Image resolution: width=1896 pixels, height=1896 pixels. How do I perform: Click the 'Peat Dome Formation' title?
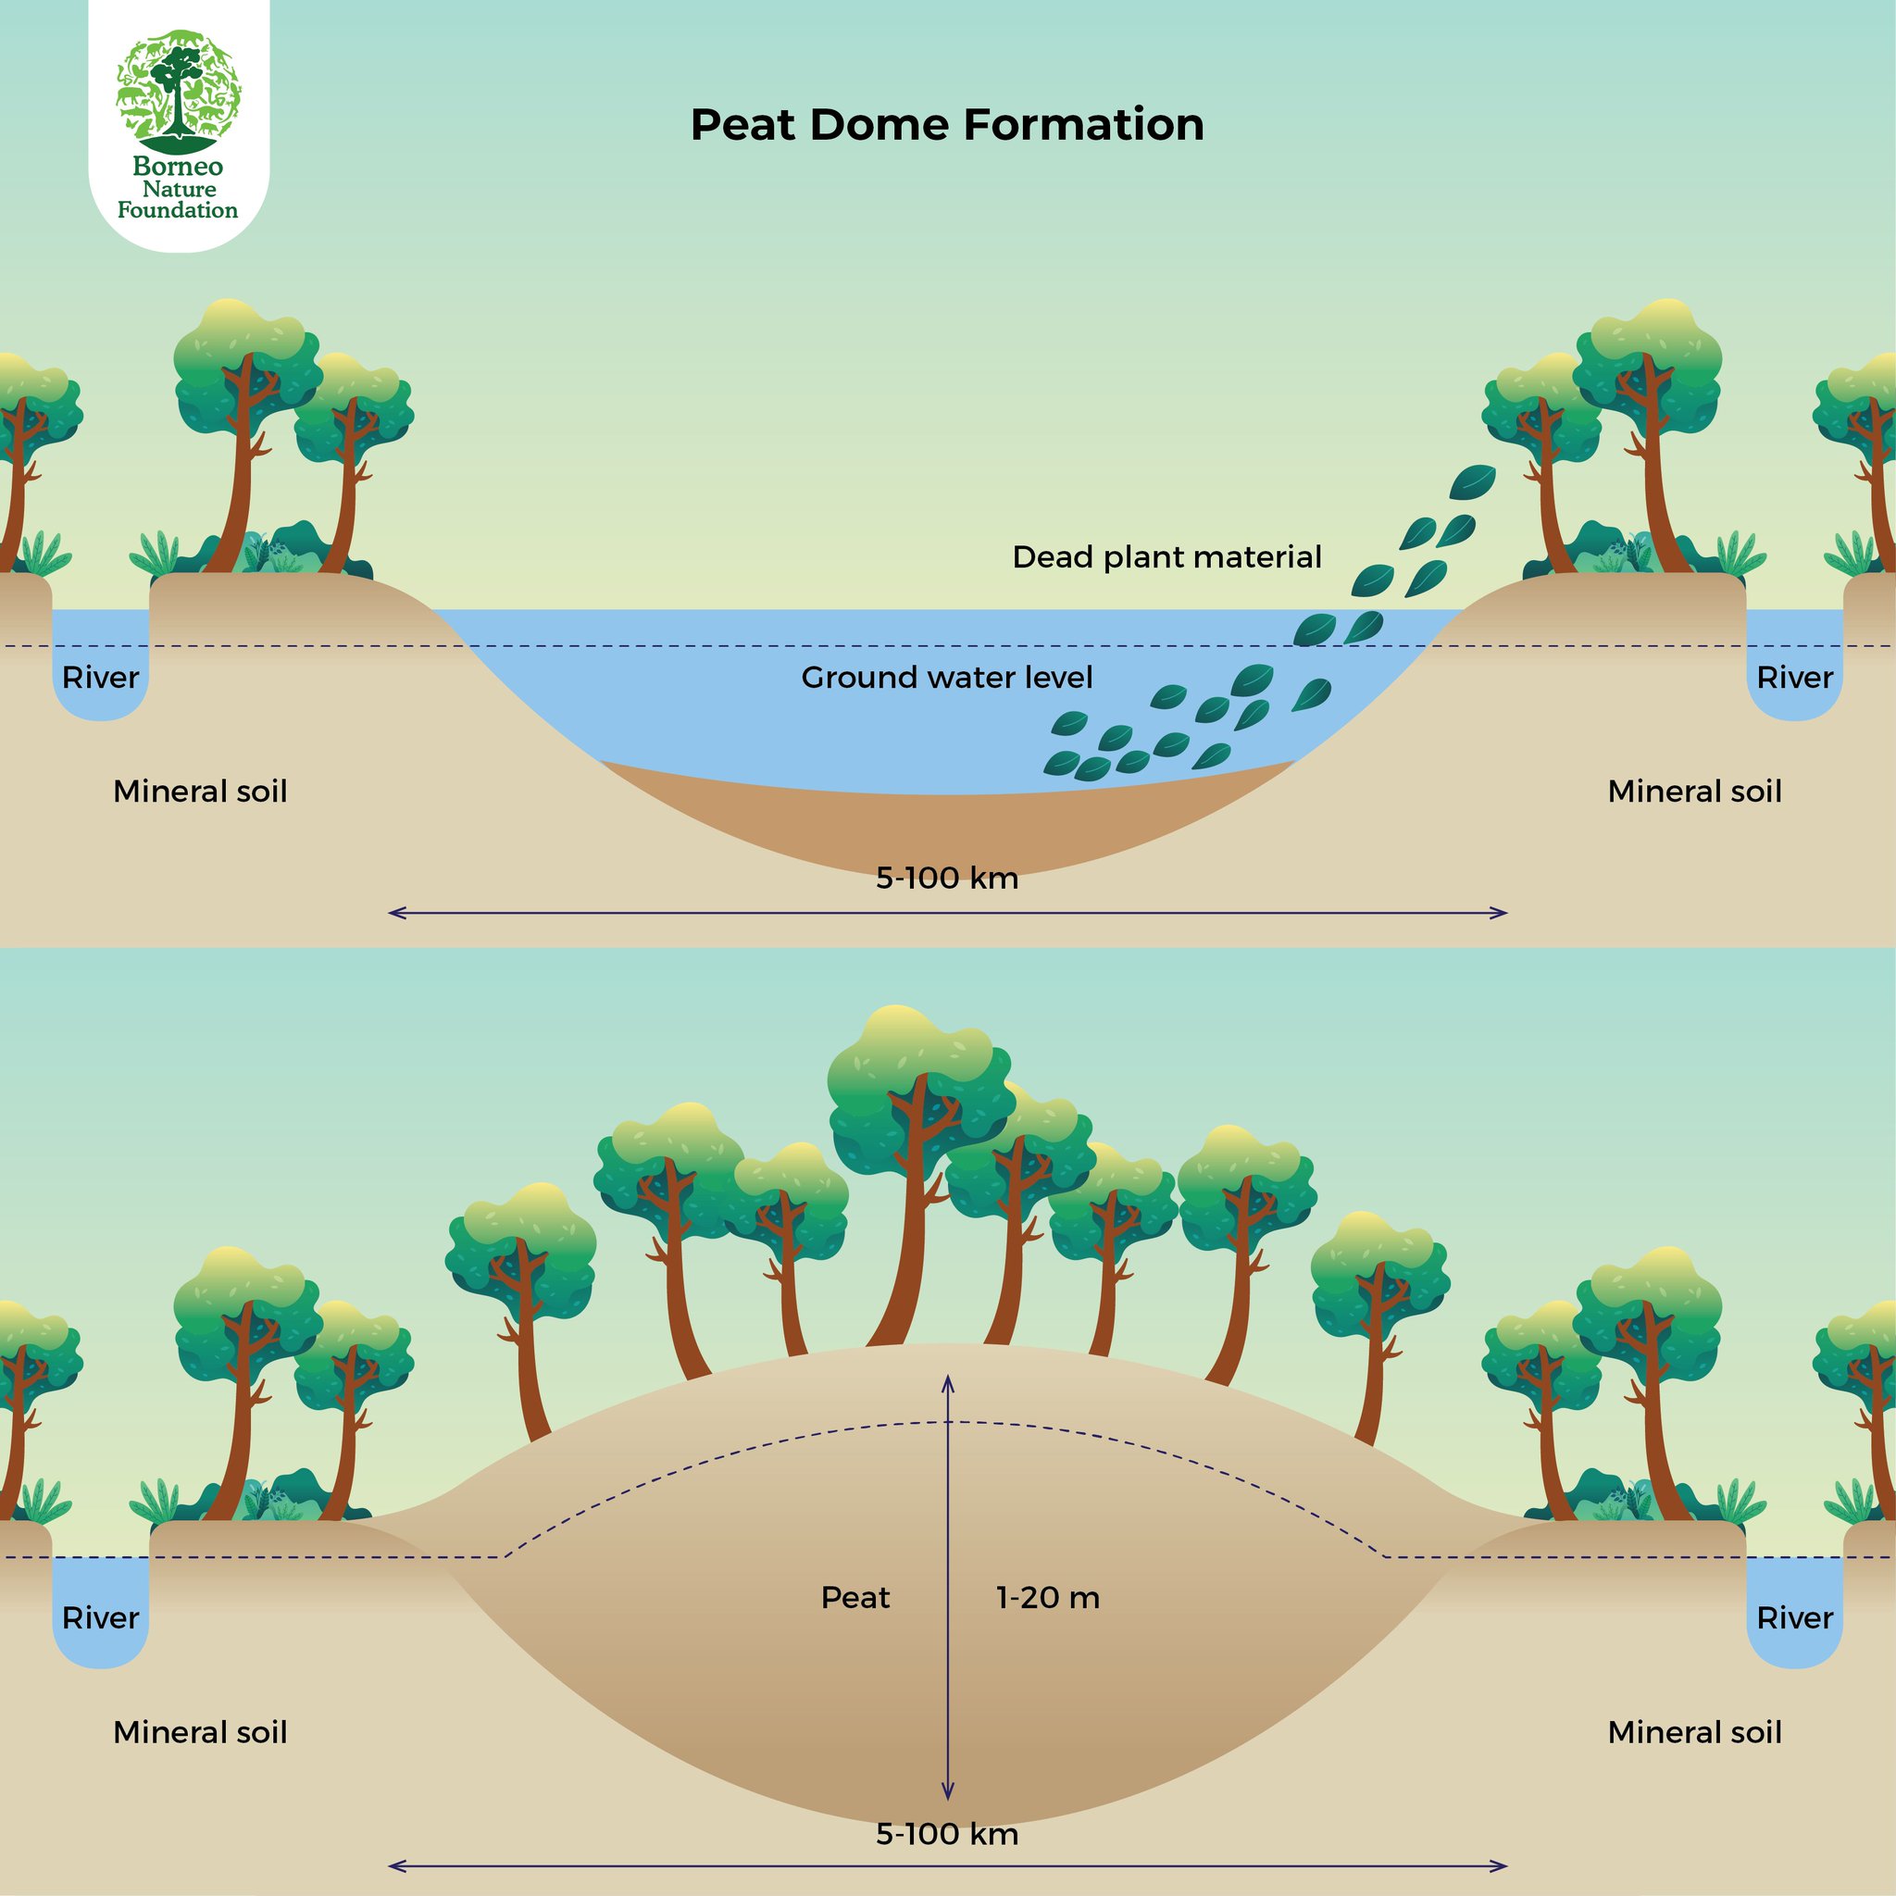[947, 125]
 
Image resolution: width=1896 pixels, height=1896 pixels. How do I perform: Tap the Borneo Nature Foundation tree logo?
[178, 86]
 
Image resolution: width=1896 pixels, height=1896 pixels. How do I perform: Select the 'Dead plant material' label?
[1166, 557]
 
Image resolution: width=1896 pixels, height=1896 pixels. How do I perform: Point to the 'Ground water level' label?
[947, 677]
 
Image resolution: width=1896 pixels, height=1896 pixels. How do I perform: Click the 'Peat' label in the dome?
[854, 1598]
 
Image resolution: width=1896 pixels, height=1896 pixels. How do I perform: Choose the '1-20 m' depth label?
[1048, 1598]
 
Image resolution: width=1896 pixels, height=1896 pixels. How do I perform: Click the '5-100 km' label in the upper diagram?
[947, 878]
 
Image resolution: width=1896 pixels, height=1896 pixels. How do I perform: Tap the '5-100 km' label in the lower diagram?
[947, 1834]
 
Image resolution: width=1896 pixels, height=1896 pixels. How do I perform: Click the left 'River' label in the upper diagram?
[100, 677]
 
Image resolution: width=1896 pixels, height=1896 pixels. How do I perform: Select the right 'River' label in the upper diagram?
[1795, 677]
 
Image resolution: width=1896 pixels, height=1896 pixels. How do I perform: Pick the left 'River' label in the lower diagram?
[100, 1617]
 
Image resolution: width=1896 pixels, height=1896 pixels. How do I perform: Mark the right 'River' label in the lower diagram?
[1795, 1617]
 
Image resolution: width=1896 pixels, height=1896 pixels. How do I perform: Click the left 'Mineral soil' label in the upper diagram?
[200, 791]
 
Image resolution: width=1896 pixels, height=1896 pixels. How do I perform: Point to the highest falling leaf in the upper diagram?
[1472, 480]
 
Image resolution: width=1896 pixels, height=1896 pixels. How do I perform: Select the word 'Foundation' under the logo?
[178, 210]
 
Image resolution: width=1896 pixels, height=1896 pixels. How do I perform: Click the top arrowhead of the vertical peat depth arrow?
[948, 1379]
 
